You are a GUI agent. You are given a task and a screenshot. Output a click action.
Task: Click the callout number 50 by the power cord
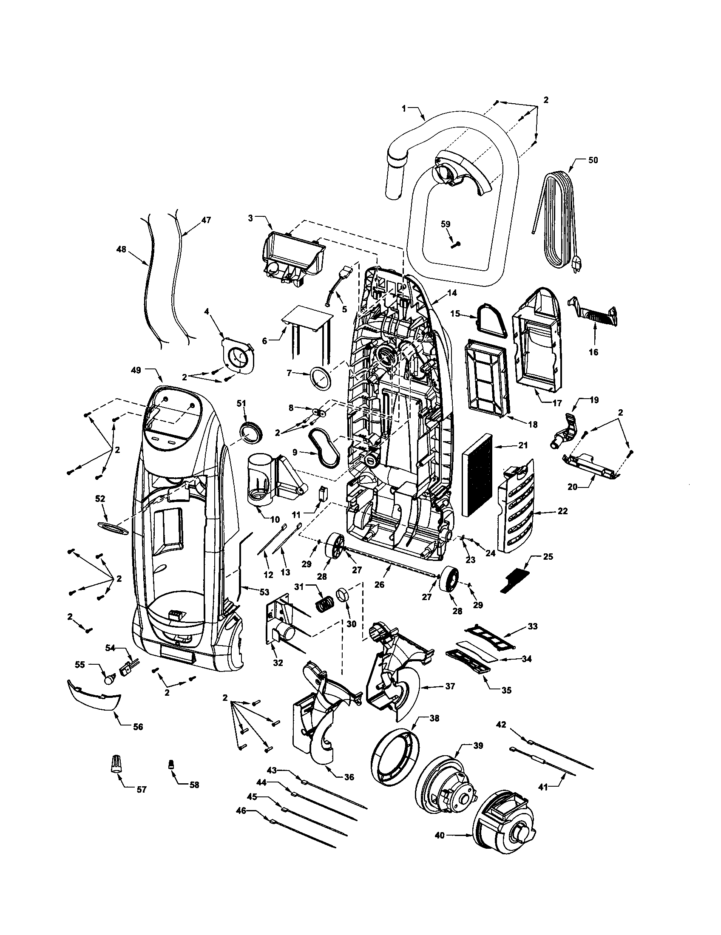click(593, 160)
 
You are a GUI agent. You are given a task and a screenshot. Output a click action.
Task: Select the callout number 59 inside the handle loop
click(446, 224)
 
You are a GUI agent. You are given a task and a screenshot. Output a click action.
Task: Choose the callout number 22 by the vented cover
click(563, 511)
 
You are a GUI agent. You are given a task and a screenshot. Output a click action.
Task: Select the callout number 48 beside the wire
click(122, 249)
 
